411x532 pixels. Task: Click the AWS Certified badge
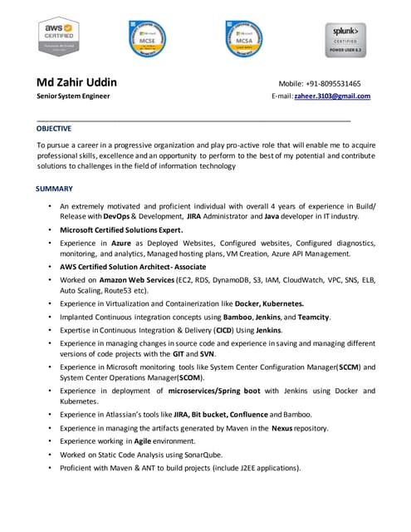(58, 38)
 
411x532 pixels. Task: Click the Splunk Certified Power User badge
(345, 38)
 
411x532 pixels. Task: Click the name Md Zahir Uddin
(76, 82)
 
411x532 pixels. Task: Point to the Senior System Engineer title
(73, 96)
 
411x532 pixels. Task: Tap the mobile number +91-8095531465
(342, 84)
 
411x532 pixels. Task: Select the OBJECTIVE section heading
(54, 129)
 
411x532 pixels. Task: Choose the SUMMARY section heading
(55, 189)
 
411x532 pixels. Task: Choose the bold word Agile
(148, 441)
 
